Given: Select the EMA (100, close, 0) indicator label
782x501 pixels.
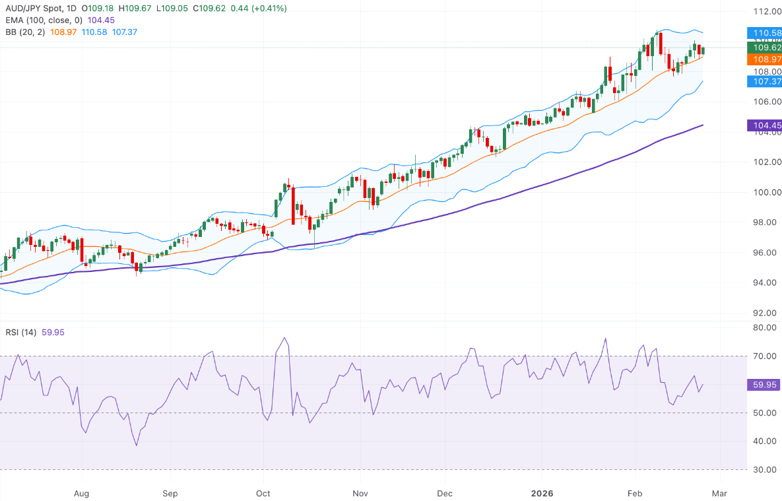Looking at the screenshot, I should pos(42,20).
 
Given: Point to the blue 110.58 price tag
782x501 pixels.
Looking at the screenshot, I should pos(764,32).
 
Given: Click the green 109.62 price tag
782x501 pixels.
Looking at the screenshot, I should pos(764,48).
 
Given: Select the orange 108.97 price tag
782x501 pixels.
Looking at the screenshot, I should pos(764,59).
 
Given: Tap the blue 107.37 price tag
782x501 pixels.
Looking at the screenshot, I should pos(764,81).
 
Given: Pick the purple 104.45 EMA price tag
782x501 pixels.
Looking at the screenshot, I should pos(764,125).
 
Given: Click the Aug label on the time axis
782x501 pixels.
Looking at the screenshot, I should pos(81,493).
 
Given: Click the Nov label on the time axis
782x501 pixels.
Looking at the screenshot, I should pos(360,493).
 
